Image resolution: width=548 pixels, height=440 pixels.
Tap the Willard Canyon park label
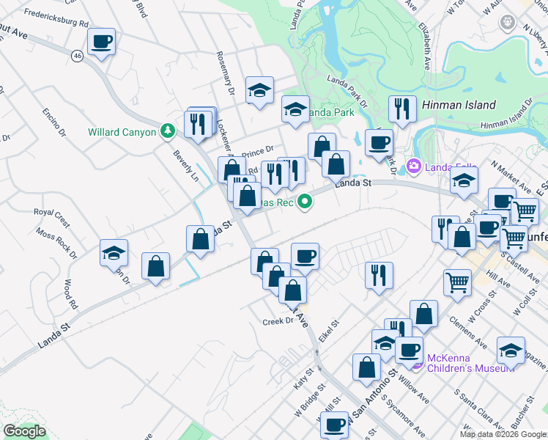coord(122,132)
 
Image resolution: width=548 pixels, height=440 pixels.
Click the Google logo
coord(24,431)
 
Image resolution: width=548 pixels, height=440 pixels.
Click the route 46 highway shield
coord(78,55)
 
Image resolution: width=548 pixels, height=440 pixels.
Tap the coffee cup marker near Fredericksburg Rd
coord(101,42)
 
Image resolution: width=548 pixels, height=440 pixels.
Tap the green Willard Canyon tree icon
coord(169,131)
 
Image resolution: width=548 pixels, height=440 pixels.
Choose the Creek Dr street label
coord(278,321)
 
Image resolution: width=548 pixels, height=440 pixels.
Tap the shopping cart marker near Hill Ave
coord(457,282)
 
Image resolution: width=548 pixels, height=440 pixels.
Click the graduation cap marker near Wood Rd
coord(114,254)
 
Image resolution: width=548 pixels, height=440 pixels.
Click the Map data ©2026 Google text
coord(503,433)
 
